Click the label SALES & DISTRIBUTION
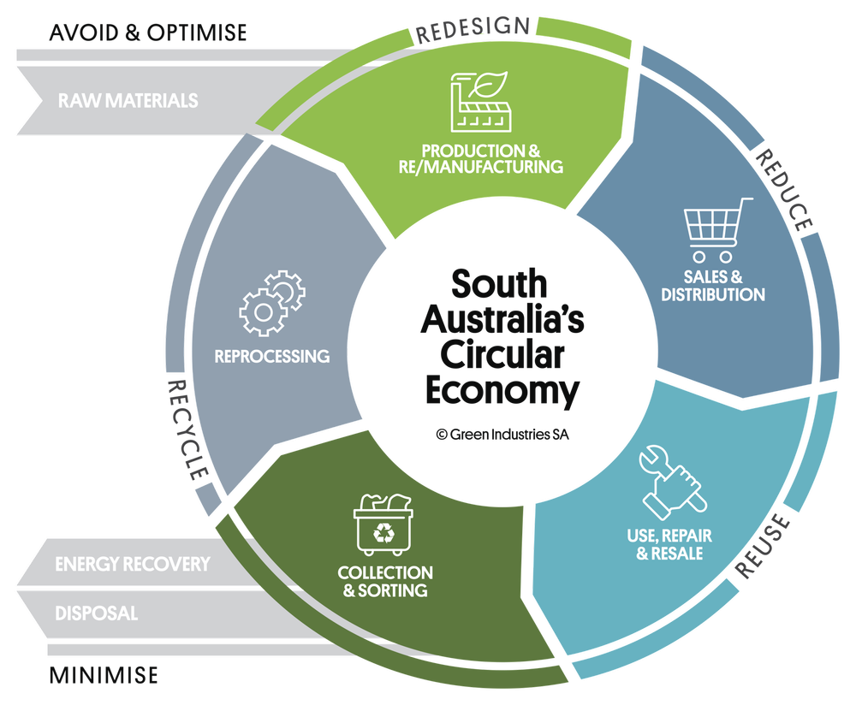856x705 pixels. tap(724, 286)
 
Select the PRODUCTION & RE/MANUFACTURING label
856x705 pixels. tap(480, 159)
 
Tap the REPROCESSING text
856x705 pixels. tap(272, 356)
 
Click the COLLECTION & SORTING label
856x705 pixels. tap(385, 581)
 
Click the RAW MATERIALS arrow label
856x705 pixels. tap(128, 101)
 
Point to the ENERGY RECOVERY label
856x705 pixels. tap(132, 565)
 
